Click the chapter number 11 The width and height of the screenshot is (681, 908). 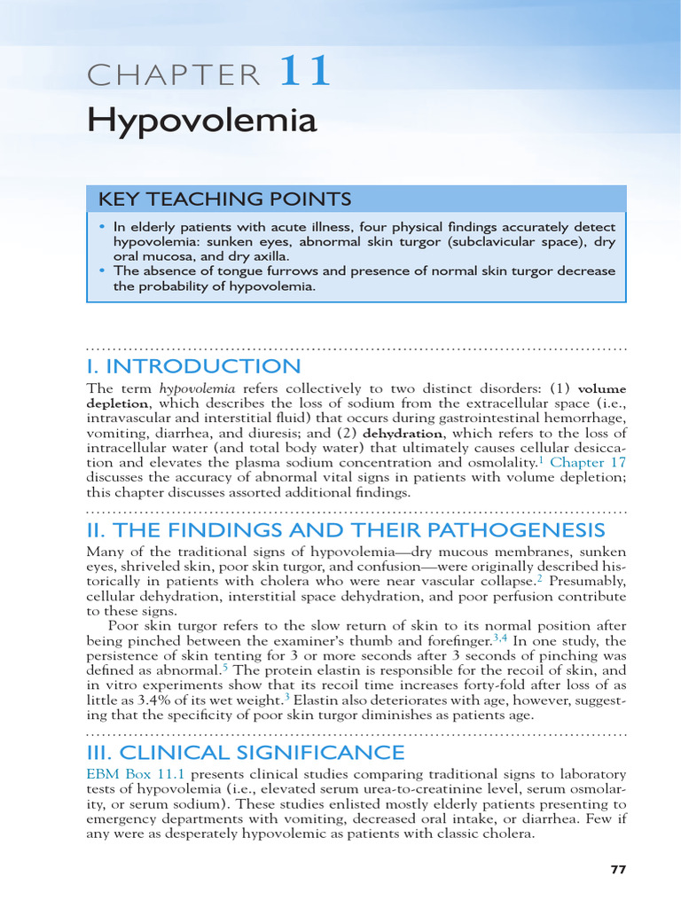306,73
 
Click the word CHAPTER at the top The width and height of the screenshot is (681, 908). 174,76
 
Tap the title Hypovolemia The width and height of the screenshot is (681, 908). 201,121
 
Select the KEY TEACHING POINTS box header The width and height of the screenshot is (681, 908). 224,199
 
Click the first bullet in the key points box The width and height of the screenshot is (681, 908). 103,226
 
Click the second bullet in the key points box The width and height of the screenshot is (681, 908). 103,270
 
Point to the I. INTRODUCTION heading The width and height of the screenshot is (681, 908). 193,366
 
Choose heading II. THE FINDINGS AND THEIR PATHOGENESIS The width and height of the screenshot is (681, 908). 346,530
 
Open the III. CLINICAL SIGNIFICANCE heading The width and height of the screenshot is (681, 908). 246,752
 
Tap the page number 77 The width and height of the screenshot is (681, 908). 618,870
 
